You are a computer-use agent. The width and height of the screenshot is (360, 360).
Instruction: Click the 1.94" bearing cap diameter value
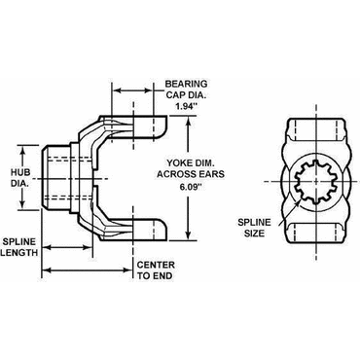pyautogui.click(x=186, y=106)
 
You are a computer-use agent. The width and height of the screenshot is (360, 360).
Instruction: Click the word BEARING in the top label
pyautogui.click(x=186, y=84)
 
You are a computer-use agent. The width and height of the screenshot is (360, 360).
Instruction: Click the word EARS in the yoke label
pyautogui.click(x=212, y=174)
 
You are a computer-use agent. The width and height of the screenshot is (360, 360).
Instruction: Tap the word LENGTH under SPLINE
pyautogui.click(x=19, y=252)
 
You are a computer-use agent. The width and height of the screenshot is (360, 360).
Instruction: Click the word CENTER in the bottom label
pyautogui.click(x=156, y=265)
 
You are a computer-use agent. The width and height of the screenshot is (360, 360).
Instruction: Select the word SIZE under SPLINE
pyautogui.click(x=254, y=234)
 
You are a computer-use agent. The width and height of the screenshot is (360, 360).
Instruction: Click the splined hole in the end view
pyautogui.click(x=314, y=182)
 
